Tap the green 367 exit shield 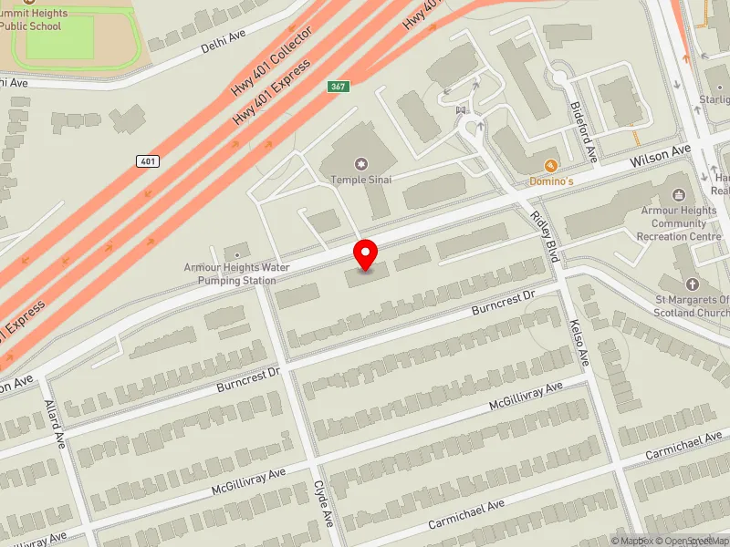click(339, 86)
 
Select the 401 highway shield click(149, 161)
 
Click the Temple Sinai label click(361, 180)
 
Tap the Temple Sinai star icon click(361, 164)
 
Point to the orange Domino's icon click(550, 166)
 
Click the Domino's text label click(552, 181)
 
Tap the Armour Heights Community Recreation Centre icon click(678, 194)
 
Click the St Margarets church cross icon click(691, 284)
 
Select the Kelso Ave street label click(579, 342)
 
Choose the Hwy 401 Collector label click(272, 65)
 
